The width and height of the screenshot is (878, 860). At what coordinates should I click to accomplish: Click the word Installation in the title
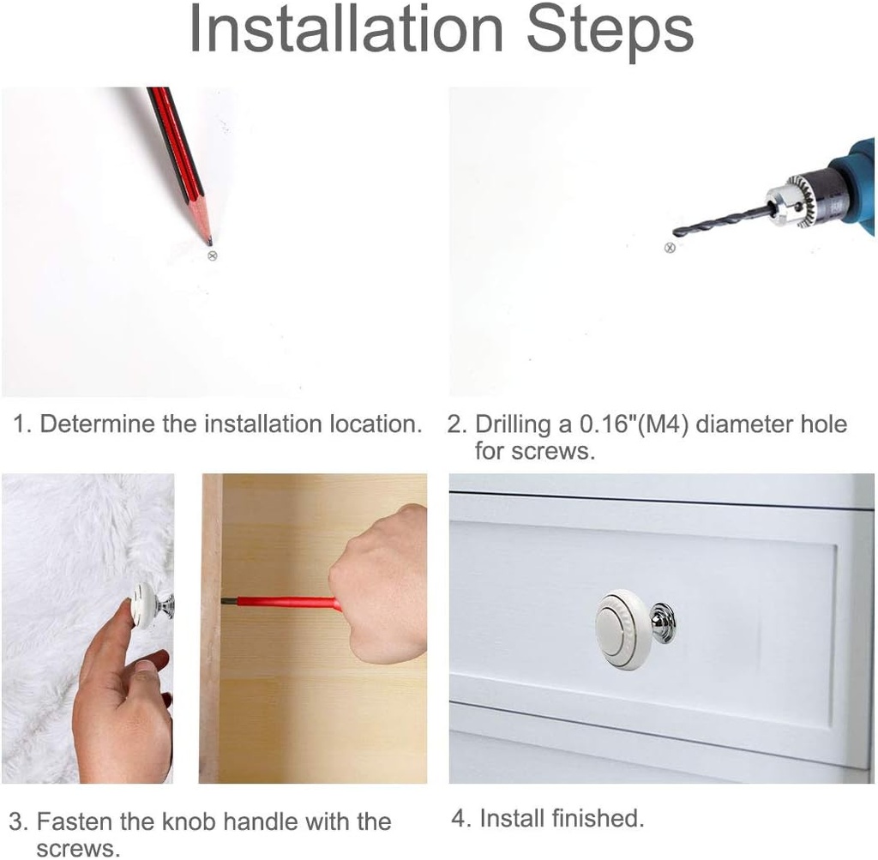point(346,29)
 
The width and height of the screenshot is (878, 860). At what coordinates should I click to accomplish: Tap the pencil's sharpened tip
point(210,243)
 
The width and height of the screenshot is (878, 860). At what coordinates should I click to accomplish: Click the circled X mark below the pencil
point(213,256)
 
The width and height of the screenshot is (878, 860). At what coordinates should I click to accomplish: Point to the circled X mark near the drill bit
point(669,248)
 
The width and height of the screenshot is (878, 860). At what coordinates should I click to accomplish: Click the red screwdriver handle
point(288,604)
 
